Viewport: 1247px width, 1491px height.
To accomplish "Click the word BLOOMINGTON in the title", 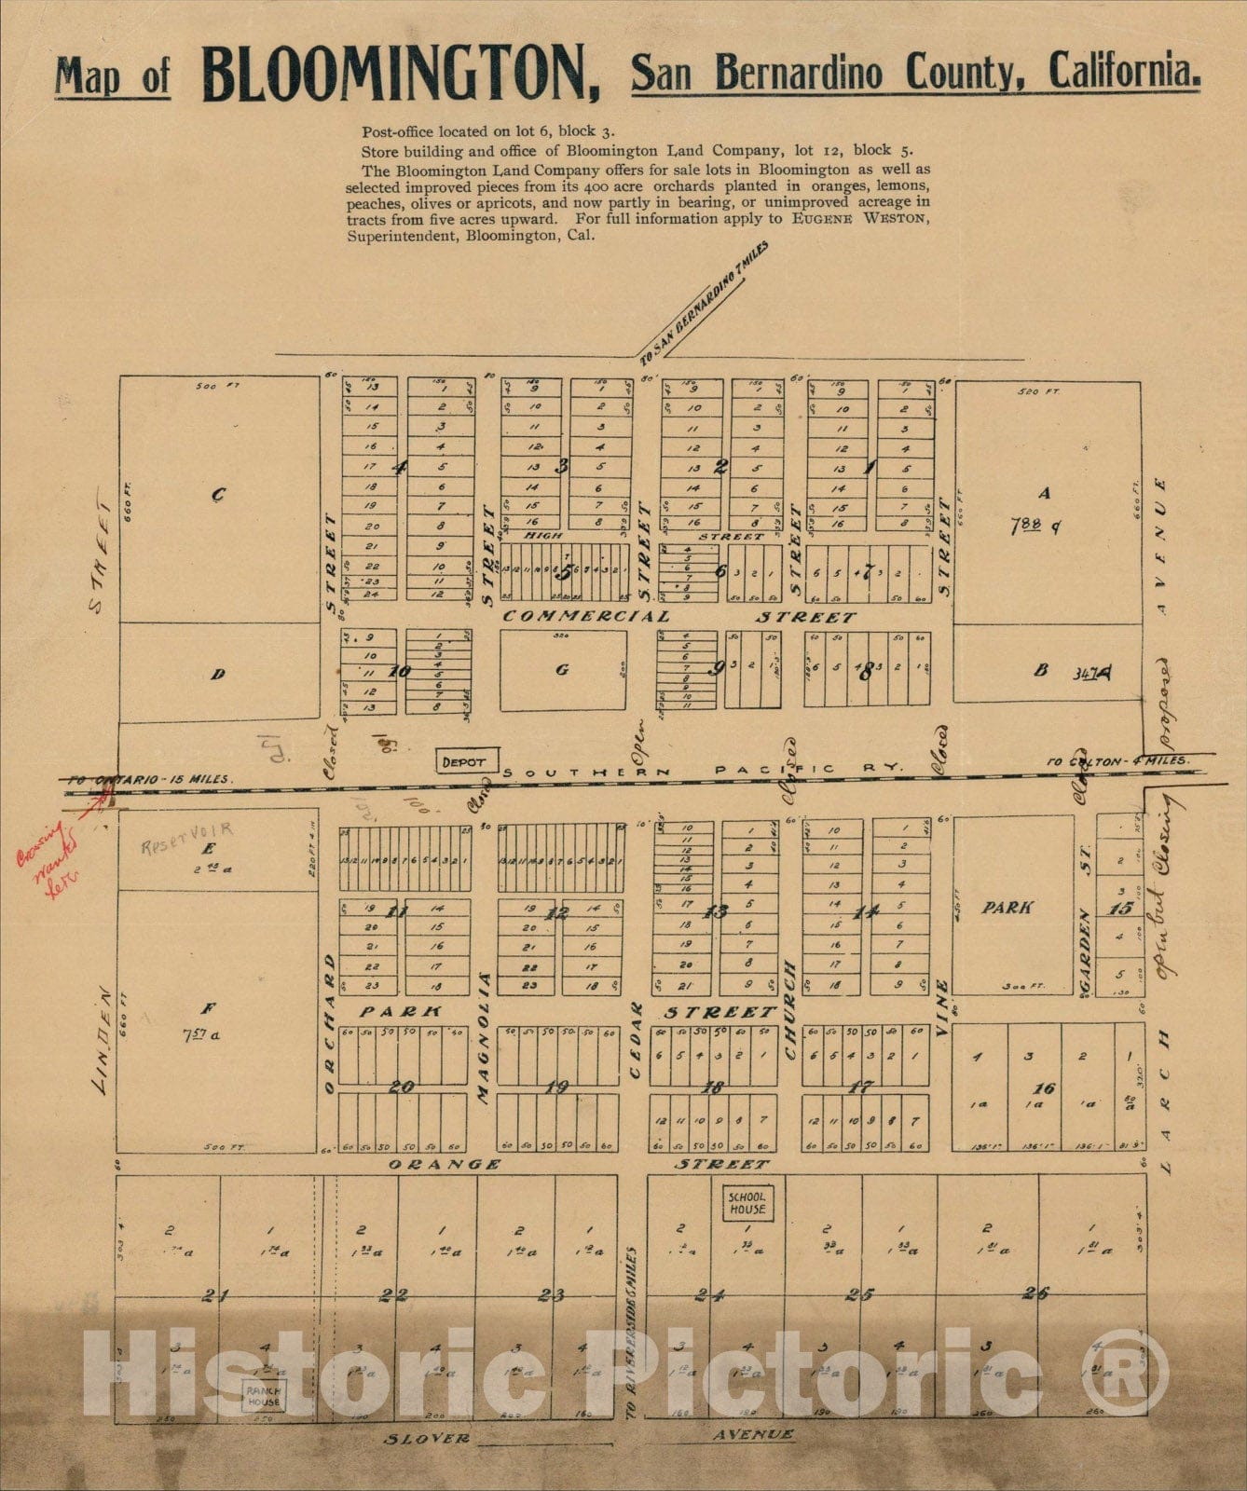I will tap(401, 74).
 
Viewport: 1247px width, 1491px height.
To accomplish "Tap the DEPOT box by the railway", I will tap(464, 761).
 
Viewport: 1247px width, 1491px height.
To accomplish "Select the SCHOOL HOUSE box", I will tap(747, 1202).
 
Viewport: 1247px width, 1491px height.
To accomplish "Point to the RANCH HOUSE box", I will tap(264, 1396).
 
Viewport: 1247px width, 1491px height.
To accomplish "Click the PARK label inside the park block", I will tap(1007, 907).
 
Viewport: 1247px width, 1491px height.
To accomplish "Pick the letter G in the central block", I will tap(562, 669).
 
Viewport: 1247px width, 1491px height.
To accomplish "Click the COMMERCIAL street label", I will tap(586, 616).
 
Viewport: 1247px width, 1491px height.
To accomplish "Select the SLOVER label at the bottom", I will tap(428, 1438).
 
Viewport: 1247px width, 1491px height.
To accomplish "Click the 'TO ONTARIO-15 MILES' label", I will tap(149, 778).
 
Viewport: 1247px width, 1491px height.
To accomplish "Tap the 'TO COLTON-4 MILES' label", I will tap(1118, 760).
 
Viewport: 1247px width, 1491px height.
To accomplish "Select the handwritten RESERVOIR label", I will tap(186, 827).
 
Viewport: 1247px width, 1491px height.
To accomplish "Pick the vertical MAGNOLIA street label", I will tap(484, 1037).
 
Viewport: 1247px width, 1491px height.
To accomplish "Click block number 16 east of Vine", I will tap(1045, 1087).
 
